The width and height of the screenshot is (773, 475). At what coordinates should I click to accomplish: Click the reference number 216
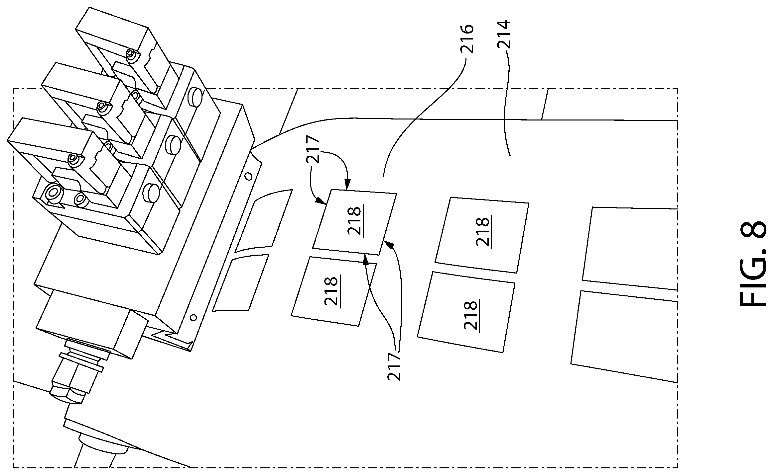point(466,39)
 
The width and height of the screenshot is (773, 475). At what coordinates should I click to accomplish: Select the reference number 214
point(504,35)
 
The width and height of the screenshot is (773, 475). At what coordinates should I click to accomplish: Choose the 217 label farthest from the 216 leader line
point(394,366)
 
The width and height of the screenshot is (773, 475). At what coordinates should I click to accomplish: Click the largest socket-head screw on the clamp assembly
point(53,192)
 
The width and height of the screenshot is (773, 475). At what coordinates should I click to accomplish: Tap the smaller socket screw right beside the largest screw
point(80,198)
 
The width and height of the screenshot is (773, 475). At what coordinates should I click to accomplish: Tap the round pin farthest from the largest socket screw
point(195,96)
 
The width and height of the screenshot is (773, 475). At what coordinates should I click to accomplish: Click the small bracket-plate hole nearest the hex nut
point(193,318)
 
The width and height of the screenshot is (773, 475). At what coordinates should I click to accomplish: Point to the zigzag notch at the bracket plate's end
point(173,339)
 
